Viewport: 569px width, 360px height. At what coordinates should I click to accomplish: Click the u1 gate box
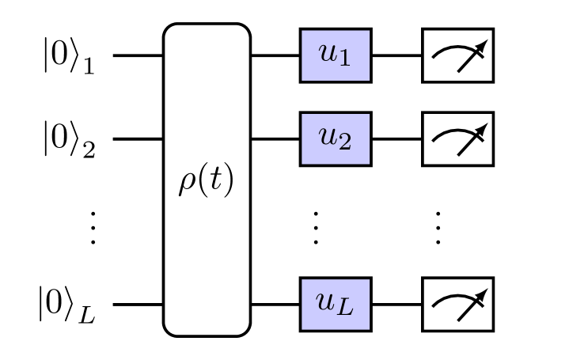(335, 55)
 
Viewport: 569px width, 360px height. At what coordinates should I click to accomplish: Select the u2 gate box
(335, 138)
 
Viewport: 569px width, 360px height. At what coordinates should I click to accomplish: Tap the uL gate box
(335, 304)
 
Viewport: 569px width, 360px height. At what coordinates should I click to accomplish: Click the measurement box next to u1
(457, 55)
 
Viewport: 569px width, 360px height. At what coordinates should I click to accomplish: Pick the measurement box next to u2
(457, 138)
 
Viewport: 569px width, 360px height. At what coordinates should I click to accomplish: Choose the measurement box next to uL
(457, 304)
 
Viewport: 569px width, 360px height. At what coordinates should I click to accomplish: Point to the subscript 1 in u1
(344, 60)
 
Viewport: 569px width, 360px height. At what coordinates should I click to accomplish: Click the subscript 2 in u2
(344, 143)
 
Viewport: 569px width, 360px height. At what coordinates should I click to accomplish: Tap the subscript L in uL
(346, 308)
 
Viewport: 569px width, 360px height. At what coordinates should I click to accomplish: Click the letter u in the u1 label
(328, 54)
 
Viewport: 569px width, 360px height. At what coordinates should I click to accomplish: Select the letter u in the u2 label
(328, 137)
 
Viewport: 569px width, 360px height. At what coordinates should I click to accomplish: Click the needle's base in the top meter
(459, 71)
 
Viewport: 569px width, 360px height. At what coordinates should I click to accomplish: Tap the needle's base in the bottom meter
(459, 320)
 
